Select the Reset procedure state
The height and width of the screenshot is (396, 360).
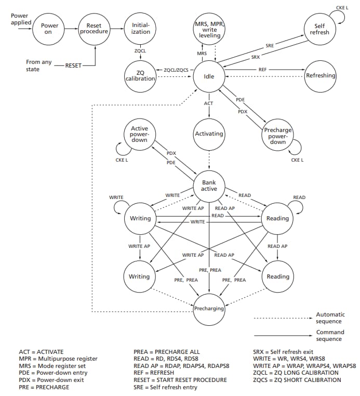[95, 28]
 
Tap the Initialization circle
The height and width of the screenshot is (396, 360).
[140, 28]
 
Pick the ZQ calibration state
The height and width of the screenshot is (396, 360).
[140, 75]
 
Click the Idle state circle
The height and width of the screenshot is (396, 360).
[208, 76]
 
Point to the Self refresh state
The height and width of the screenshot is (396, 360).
[319, 29]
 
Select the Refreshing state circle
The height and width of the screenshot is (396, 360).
[321, 76]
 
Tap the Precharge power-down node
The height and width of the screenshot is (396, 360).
[278, 136]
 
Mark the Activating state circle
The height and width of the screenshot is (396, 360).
[208, 134]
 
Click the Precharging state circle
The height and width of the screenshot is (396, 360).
[208, 309]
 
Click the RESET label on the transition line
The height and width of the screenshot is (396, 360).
[73, 65]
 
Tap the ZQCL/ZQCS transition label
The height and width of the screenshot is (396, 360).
[177, 70]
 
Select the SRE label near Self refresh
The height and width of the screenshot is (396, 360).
[270, 46]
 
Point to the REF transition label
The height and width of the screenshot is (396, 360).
[263, 69]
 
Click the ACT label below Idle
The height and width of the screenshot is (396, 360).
[208, 103]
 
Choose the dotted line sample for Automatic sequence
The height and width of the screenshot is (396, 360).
[283, 317]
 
